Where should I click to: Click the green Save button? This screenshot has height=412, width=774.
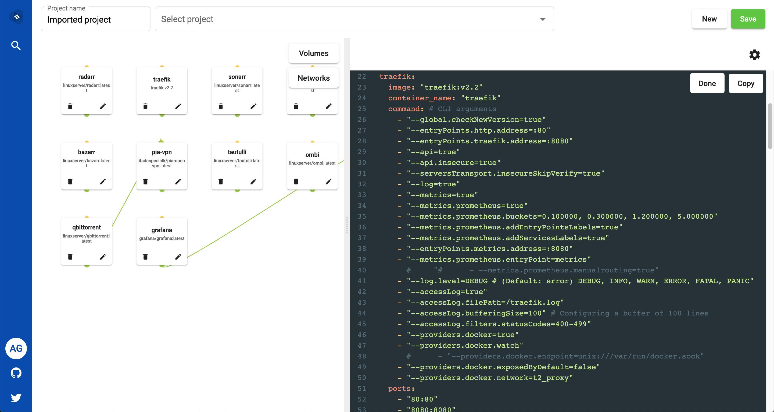[x=748, y=19]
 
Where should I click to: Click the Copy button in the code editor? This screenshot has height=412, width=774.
[x=746, y=83]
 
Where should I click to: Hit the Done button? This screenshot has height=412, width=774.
[x=707, y=83]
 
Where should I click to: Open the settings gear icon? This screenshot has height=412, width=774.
[x=754, y=55]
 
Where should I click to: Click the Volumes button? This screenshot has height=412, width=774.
[x=314, y=53]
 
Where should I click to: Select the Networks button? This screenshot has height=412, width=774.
[x=314, y=78]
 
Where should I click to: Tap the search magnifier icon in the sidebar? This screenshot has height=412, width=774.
[x=16, y=45]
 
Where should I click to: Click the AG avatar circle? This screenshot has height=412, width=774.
[x=16, y=348]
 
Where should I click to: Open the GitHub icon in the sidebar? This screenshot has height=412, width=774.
[x=16, y=373]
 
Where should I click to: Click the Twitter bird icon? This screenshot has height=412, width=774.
[x=16, y=397]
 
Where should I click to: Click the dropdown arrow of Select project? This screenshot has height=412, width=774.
[x=543, y=20]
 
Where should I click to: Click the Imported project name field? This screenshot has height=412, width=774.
[x=96, y=19]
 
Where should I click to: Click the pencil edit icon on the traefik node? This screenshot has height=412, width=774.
[x=178, y=106]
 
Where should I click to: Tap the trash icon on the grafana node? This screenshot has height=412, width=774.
[x=145, y=257]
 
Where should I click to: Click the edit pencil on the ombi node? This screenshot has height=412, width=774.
[x=329, y=181]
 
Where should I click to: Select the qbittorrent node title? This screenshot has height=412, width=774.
[x=87, y=227]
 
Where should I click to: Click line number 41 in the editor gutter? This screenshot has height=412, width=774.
[x=362, y=281]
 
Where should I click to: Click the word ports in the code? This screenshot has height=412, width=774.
[x=399, y=389]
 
